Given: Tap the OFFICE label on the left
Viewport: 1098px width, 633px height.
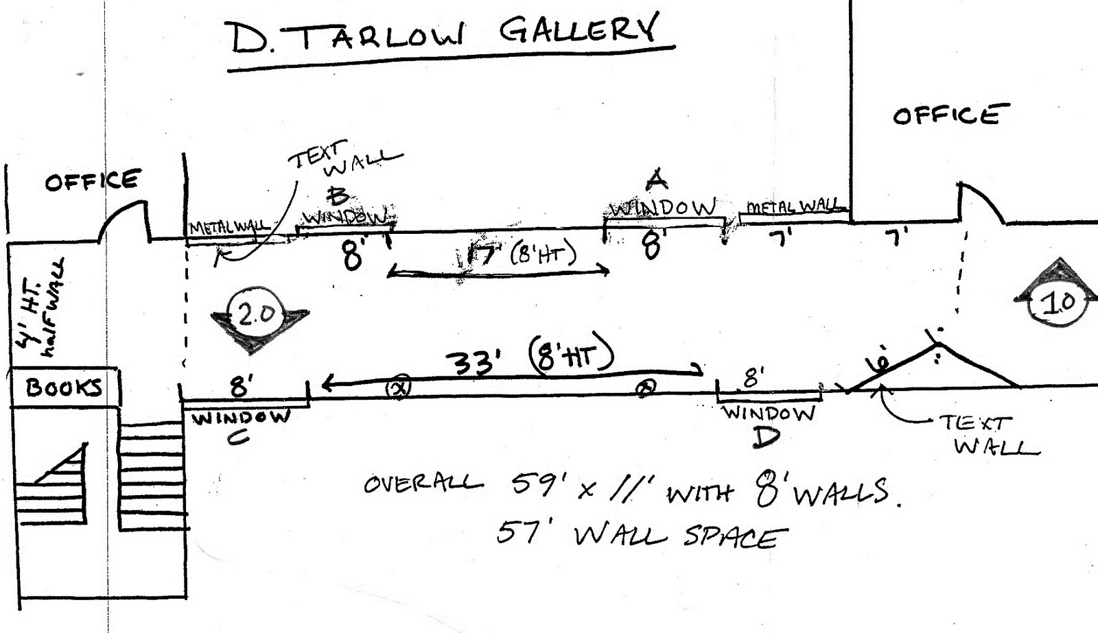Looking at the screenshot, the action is coord(92,181).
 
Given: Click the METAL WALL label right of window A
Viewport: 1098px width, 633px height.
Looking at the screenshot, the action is coord(793,206).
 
